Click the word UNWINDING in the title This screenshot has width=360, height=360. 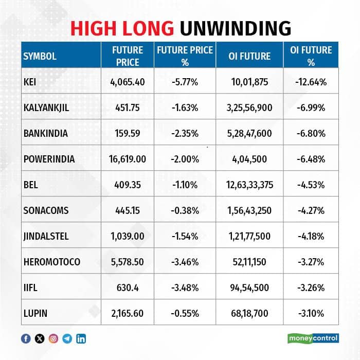236,28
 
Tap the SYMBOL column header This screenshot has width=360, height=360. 40,56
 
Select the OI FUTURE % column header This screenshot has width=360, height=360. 311,56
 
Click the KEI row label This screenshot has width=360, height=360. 30,82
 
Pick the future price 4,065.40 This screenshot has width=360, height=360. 128,82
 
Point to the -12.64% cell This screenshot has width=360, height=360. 311,82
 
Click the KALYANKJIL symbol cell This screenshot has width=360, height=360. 46,107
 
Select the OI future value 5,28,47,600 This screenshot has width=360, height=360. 249,133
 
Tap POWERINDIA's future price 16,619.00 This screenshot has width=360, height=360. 128,159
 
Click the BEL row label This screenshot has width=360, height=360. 30,185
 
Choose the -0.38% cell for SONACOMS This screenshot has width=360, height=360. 185,210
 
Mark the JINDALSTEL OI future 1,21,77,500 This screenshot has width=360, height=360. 249,236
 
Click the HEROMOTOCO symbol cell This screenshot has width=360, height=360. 51,262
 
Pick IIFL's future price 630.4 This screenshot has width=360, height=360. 128,287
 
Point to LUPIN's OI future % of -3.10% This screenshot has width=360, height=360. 311,313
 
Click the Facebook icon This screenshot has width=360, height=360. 26,338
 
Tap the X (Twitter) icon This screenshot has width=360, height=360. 40,338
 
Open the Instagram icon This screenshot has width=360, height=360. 53,338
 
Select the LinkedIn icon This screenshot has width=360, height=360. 81,338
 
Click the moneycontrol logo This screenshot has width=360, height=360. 313,338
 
